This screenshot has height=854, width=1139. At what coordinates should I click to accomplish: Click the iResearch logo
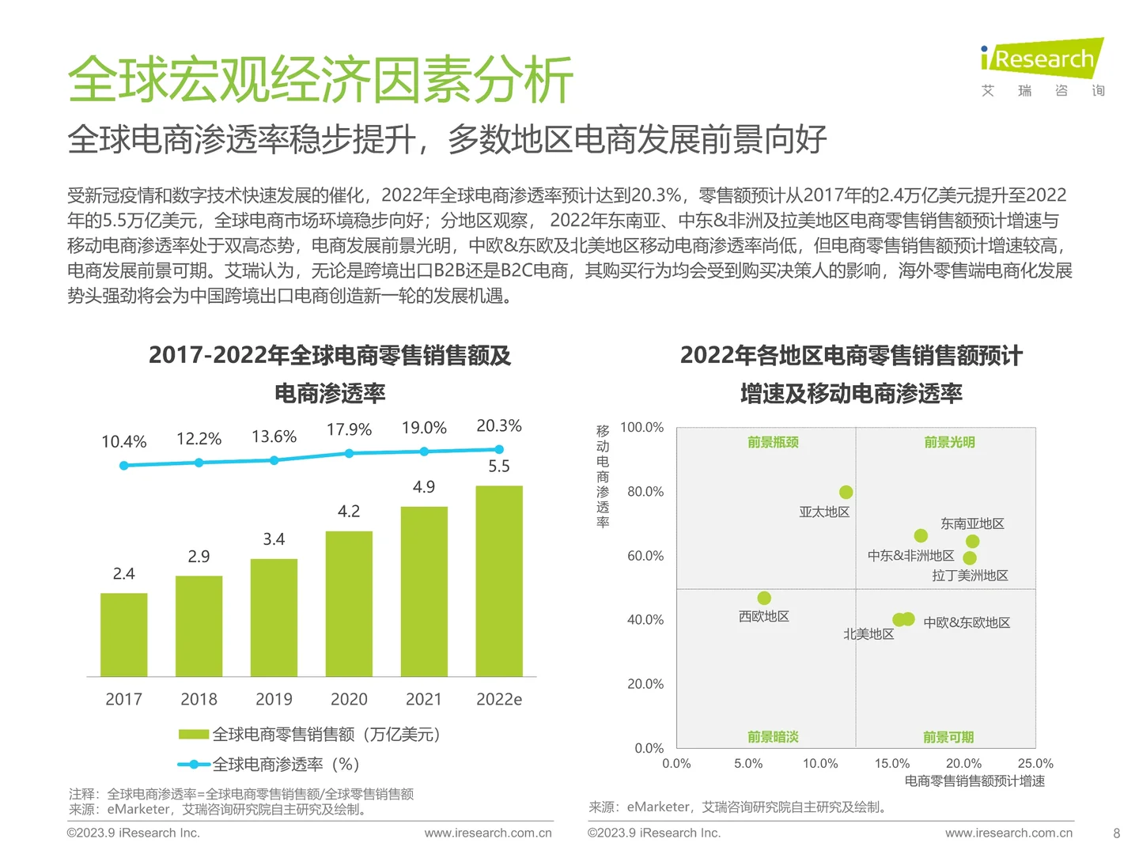click(1042, 59)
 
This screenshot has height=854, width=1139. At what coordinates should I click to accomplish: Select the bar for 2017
click(124, 634)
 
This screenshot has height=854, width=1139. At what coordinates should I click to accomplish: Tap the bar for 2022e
click(499, 580)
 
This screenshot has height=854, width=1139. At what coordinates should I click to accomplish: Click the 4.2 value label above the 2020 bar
click(349, 512)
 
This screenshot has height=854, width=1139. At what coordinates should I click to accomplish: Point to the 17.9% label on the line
click(349, 429)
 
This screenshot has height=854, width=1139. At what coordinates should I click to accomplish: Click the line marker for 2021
click(424, 452)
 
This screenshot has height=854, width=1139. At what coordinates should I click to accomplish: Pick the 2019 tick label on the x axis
click(274, 700)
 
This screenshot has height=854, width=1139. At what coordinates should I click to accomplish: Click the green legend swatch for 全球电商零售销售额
click(193, 735)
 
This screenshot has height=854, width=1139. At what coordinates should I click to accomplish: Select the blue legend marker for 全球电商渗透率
click(193, 765)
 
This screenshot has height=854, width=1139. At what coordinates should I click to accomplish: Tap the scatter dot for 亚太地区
click(846, 493)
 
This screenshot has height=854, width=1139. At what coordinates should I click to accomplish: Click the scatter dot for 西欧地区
click(764, 598)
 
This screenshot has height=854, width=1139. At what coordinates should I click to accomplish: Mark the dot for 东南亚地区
click(973, 542)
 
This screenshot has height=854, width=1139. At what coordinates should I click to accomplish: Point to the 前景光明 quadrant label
click(949, 443)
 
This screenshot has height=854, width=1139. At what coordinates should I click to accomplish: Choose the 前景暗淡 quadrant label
click(773, 737)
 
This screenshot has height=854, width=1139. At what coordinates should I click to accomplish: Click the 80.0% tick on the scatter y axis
click(645, 492)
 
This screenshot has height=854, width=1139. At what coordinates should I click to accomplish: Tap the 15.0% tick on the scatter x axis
click(891, 764)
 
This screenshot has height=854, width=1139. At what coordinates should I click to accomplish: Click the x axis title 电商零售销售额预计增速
click(974, 781)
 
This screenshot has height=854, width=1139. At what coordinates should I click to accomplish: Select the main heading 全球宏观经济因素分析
click(320, 81)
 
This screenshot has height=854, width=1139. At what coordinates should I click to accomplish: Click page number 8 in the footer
click(1116, 833)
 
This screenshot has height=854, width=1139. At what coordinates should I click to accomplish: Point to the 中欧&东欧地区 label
click(967, 623)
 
